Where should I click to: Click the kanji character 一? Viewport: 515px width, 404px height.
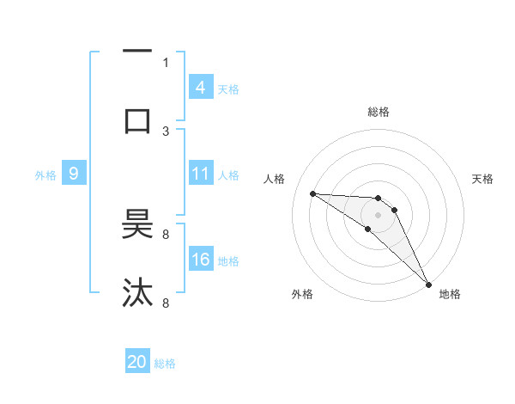point(137,52)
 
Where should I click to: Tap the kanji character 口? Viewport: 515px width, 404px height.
point(137,119)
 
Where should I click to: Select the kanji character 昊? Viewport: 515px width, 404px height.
point(137,225)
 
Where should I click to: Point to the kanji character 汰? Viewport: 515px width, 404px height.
point(137,293)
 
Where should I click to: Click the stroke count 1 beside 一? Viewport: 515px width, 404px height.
point(166,62)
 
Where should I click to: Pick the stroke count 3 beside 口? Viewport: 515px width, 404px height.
point(166,131)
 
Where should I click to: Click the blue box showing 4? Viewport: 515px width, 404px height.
point(200,87)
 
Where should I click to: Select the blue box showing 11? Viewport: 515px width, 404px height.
point(200,174)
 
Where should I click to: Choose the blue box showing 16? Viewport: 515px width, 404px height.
point(200,260)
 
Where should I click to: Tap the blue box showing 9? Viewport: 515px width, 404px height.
point(74,174)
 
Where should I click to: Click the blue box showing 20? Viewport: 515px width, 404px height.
point(137,362)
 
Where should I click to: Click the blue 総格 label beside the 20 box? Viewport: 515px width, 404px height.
point(165,364)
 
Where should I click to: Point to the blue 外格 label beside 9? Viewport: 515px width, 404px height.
point(45,175)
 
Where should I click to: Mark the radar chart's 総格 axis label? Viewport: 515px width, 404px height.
point(378,112)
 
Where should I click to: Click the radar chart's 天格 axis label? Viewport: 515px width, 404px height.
point(482,179)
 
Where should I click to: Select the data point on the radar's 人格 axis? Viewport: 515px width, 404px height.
point(312,193)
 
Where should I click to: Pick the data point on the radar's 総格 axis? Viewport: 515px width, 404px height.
point(378,198)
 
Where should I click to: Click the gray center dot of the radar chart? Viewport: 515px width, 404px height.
point(378,214)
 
